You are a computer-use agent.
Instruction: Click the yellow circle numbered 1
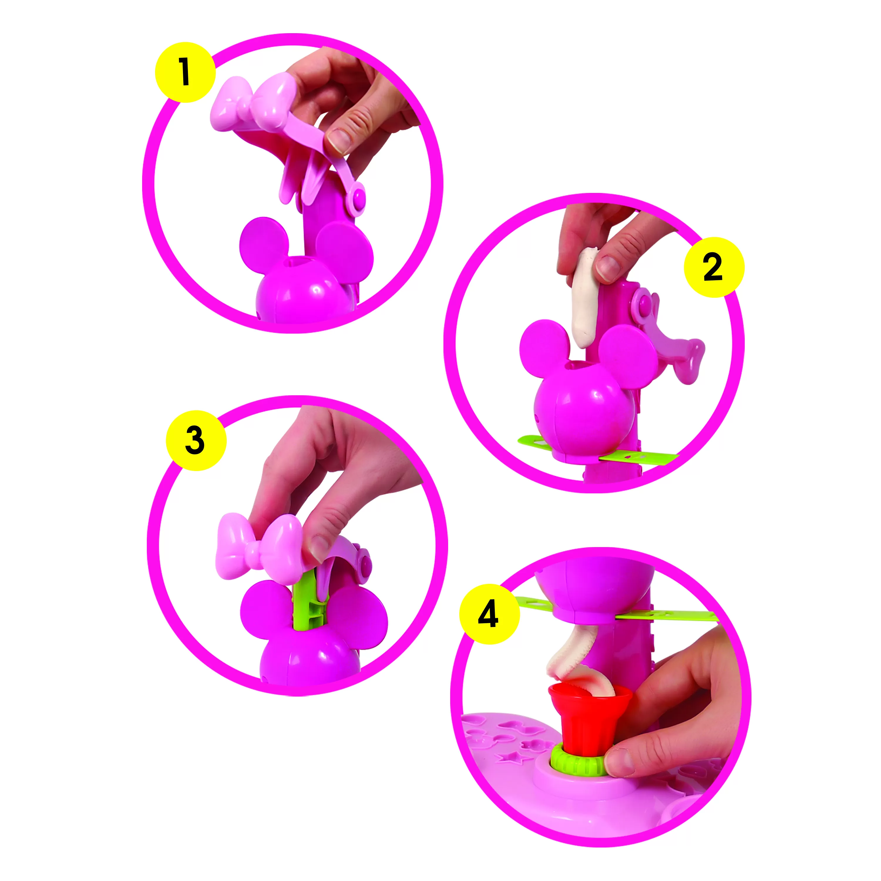pyautogui.click(x=185, y=72)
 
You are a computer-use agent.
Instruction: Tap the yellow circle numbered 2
pyautogui.click(x=714, y=267)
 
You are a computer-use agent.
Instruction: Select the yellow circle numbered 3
pyautogui.click(x=196, y=441)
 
